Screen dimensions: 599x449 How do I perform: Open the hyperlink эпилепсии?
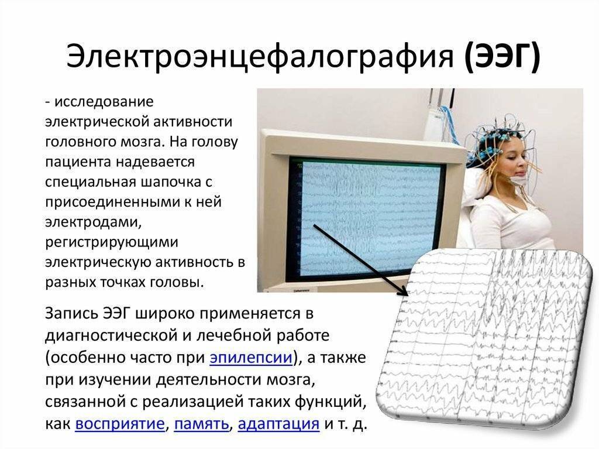(251, 358)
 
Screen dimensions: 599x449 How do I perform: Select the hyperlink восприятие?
(119, 424)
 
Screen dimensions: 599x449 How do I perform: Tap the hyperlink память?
(201, 424)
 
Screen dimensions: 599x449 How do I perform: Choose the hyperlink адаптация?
(278, 424)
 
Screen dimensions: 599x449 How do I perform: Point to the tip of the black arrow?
(407, 294)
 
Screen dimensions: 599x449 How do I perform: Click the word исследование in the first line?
(104, 102)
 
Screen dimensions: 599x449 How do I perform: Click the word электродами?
(94, 222)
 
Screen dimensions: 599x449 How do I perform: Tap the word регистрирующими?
(112, 242)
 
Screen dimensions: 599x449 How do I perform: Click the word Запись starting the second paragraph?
(71, 313)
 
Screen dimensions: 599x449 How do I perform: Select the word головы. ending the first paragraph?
(177, 283)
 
